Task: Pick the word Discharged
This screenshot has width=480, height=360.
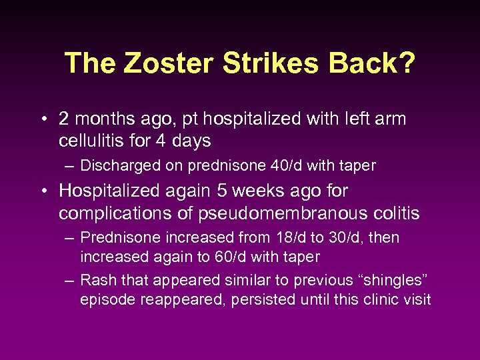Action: click(117, 165)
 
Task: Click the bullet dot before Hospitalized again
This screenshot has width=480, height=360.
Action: click(43, 191)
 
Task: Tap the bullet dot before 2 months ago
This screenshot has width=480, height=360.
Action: click(43, 119)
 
